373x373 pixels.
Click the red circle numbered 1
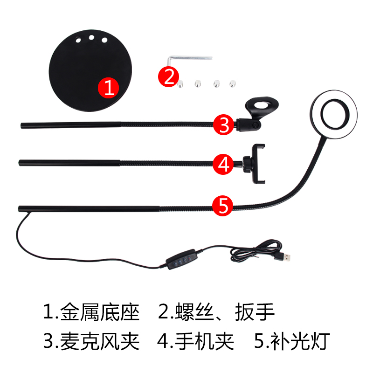(108, 88)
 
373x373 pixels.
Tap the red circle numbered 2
(168, 77)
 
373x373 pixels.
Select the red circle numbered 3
(223, 124)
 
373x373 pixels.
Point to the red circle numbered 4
(223, 164)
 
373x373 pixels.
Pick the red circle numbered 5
(222, 206)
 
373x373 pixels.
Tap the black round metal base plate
(90, 70)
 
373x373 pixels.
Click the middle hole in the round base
(91, 37)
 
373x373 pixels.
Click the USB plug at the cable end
(283, 257)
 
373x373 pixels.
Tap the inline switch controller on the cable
(181, 259)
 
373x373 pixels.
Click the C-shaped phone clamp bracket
(258, 164)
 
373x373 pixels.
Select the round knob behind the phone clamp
(247, 164)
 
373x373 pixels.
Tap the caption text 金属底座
(100, 312)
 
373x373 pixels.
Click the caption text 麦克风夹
(100, 341)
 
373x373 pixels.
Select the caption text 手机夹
(205, 341)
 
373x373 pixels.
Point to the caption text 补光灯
(300, 341)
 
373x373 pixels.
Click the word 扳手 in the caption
(255, 312)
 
